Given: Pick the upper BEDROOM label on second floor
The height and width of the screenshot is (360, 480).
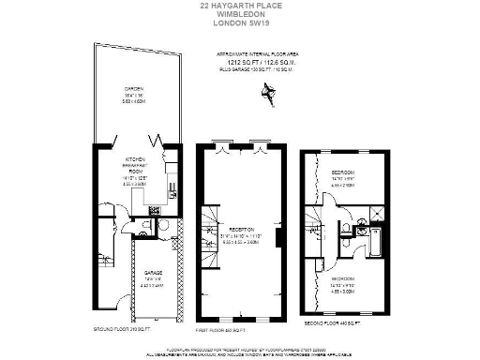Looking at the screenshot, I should point(342,172).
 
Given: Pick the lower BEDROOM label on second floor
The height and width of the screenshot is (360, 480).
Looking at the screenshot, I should point(342,277).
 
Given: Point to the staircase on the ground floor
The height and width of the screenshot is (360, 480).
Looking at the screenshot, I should point(106,252).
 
